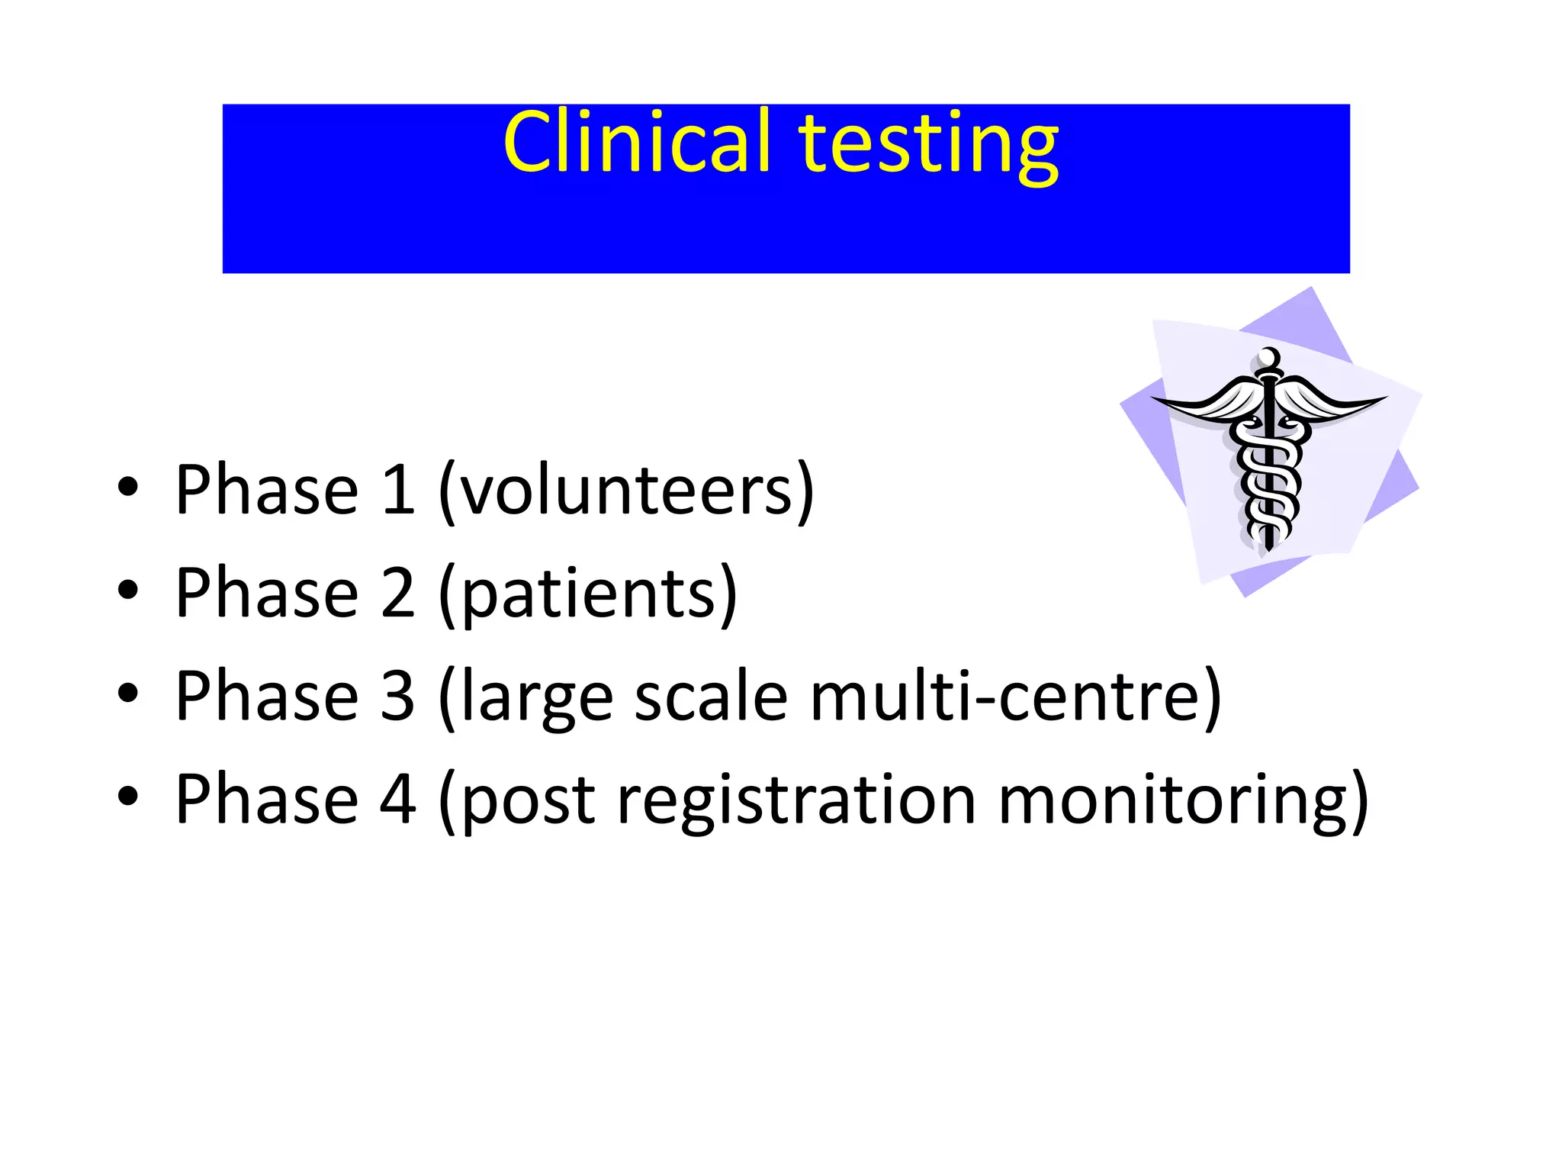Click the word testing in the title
(927, 145)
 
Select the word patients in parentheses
(588, 594)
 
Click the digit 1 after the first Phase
(398, 491)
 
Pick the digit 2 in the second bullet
(398, 594)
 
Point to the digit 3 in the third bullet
(398, 696)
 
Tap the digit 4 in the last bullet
(398, 800)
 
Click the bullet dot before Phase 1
(128, 488)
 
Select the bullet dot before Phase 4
(128, 797)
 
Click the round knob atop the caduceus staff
(1269, 357)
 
